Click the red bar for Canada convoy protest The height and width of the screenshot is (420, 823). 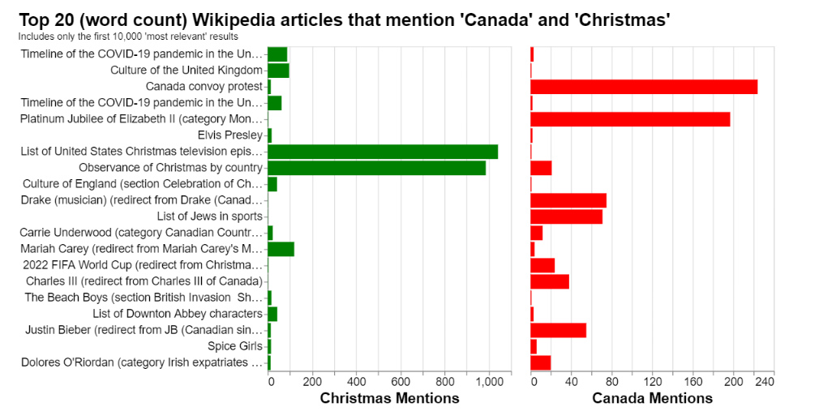click(x=644, y=87)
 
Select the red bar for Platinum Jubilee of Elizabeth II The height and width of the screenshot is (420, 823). click(x=630, y=119)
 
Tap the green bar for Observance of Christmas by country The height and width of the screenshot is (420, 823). click(x=376, y=168)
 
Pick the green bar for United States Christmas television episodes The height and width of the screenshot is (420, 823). click(x=383, y=152)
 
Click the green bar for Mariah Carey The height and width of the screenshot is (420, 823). click(x=281, y=249)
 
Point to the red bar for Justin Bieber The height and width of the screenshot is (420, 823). click(x=558, y=330)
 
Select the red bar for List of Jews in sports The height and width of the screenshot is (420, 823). click(x=566, y=216)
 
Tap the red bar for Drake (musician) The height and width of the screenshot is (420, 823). click(x=568, y=200)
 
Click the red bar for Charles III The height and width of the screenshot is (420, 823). click(x=550, y=281)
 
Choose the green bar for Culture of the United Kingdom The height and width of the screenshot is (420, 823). click(x=278, y=71)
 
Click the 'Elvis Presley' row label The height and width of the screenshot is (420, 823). click(x=230, y=135)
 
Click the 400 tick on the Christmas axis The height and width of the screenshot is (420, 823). click(x=356, y=381)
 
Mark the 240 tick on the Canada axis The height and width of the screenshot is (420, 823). click(x=763, y=381)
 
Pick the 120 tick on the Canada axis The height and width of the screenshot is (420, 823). click(x=652, y=381)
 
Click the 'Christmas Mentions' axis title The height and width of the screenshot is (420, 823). click(x=389, y=398)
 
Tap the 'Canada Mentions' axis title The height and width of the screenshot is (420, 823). click(x=652, y=398)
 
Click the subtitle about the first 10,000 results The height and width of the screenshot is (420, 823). click(x=128, y=36)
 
